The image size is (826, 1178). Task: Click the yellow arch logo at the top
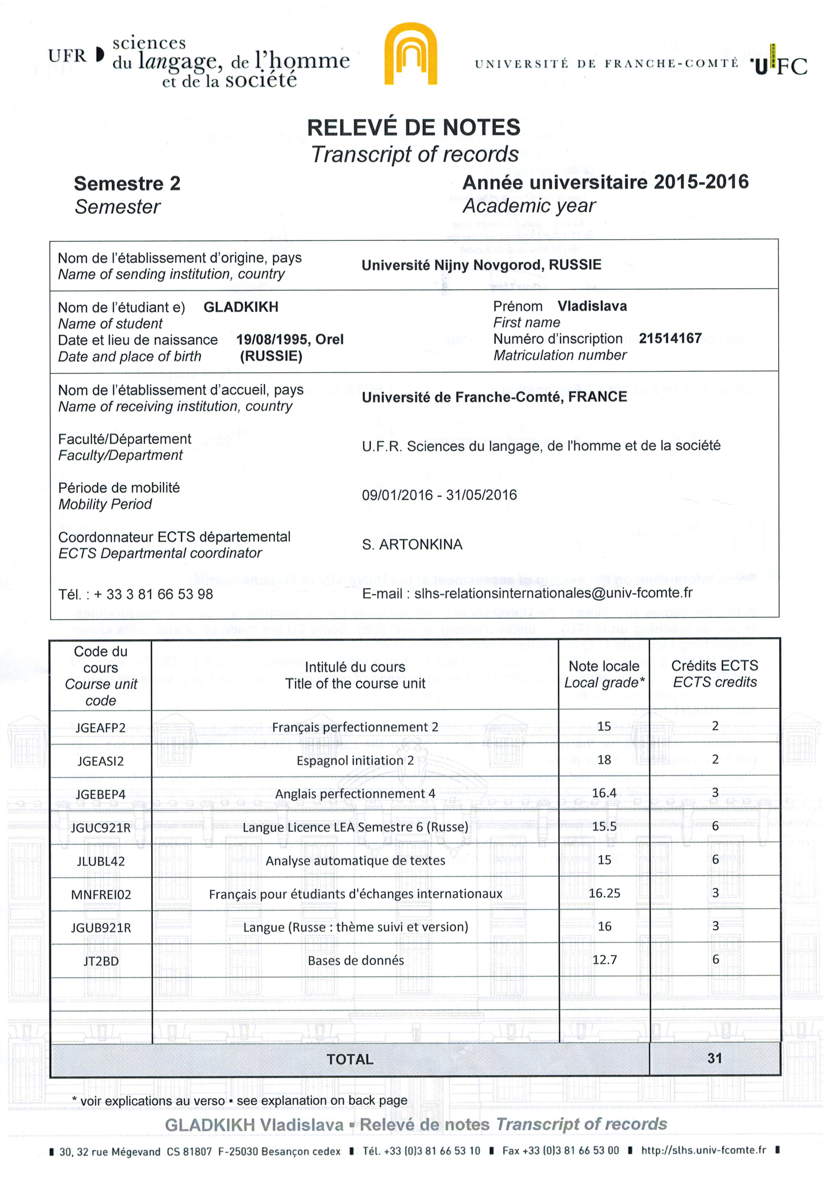click(410, 54)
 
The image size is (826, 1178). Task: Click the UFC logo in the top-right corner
click(780, 64)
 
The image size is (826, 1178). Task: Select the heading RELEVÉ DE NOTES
click(414, 127)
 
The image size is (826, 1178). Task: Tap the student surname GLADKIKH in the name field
click(241, 307)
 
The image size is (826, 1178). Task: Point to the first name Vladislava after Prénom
click(592, 306)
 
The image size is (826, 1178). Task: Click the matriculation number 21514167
click(670, 339)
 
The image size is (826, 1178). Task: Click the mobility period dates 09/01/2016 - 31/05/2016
click(439, 495)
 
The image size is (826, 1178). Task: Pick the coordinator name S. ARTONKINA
click(412, 544)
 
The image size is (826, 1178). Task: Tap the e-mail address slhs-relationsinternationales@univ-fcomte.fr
click(553, 593)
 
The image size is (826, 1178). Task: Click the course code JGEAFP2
click(100, 728)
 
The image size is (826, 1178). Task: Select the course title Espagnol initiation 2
click(355, 760)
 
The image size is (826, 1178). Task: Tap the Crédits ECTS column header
click(715, 674)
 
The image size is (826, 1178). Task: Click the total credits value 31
click(715, 1058)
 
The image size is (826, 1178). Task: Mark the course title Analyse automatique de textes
click(355, 861)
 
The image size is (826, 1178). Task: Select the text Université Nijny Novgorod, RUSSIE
click(481, 265)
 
